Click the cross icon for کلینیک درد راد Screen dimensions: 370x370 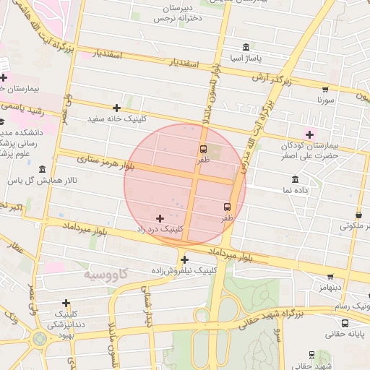click(160, 218)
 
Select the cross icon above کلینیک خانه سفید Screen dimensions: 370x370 click(116, 108)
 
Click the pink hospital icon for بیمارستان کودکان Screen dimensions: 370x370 click(310, 134)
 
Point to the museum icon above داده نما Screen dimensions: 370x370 click(295, 179)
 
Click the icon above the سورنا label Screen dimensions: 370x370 click(325, 90)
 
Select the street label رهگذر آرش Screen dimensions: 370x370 click(272, 77)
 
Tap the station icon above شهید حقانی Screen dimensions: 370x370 click(311, 355)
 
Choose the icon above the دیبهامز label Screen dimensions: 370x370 click(330, 276)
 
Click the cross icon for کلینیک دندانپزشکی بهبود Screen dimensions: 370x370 click(66, 303)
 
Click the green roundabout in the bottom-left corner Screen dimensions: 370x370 click(39, 338)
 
